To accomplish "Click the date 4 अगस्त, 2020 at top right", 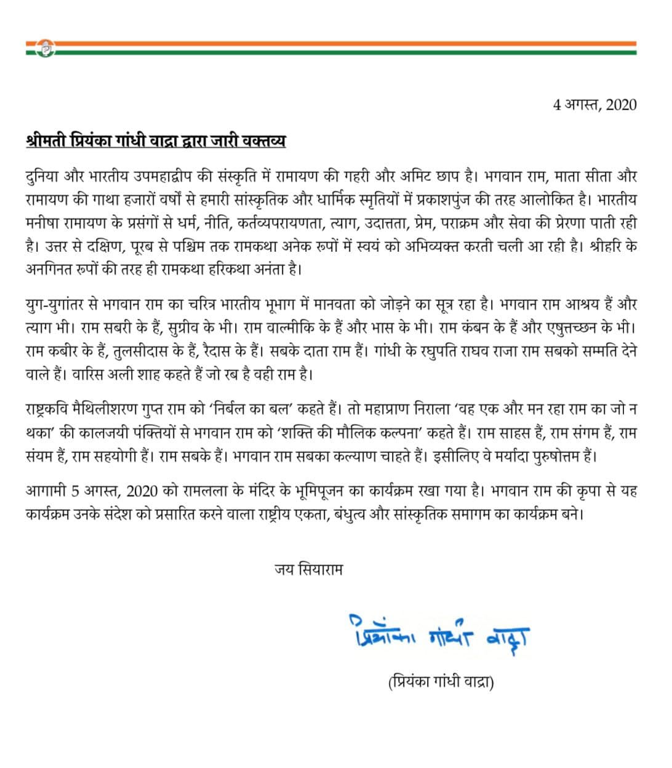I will [x=594, y=105].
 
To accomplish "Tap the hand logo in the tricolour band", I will [x=46, y=48].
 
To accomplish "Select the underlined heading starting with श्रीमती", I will [x=156, y=142].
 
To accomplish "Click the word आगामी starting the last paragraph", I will [x=46, y=491].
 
